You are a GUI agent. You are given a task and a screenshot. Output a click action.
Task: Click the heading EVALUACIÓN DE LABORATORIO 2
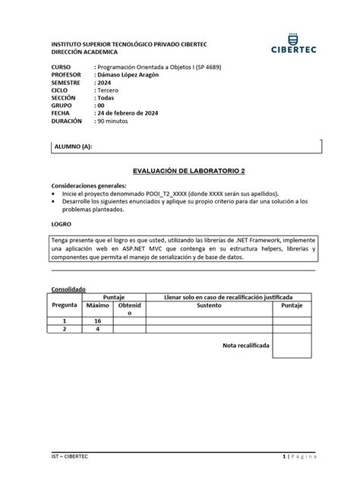point(180,172)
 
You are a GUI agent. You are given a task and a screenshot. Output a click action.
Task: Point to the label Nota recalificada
point(245,345)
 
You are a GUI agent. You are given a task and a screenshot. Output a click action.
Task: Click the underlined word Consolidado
point(68,289)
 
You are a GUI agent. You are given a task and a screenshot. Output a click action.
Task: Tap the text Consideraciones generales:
point(89,185)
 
